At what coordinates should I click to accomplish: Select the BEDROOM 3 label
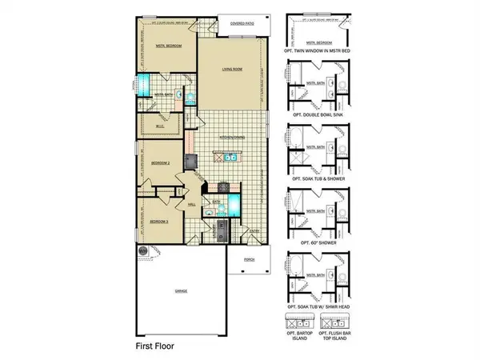tap(161, 221)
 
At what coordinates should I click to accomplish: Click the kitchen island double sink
tap(230, 158)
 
